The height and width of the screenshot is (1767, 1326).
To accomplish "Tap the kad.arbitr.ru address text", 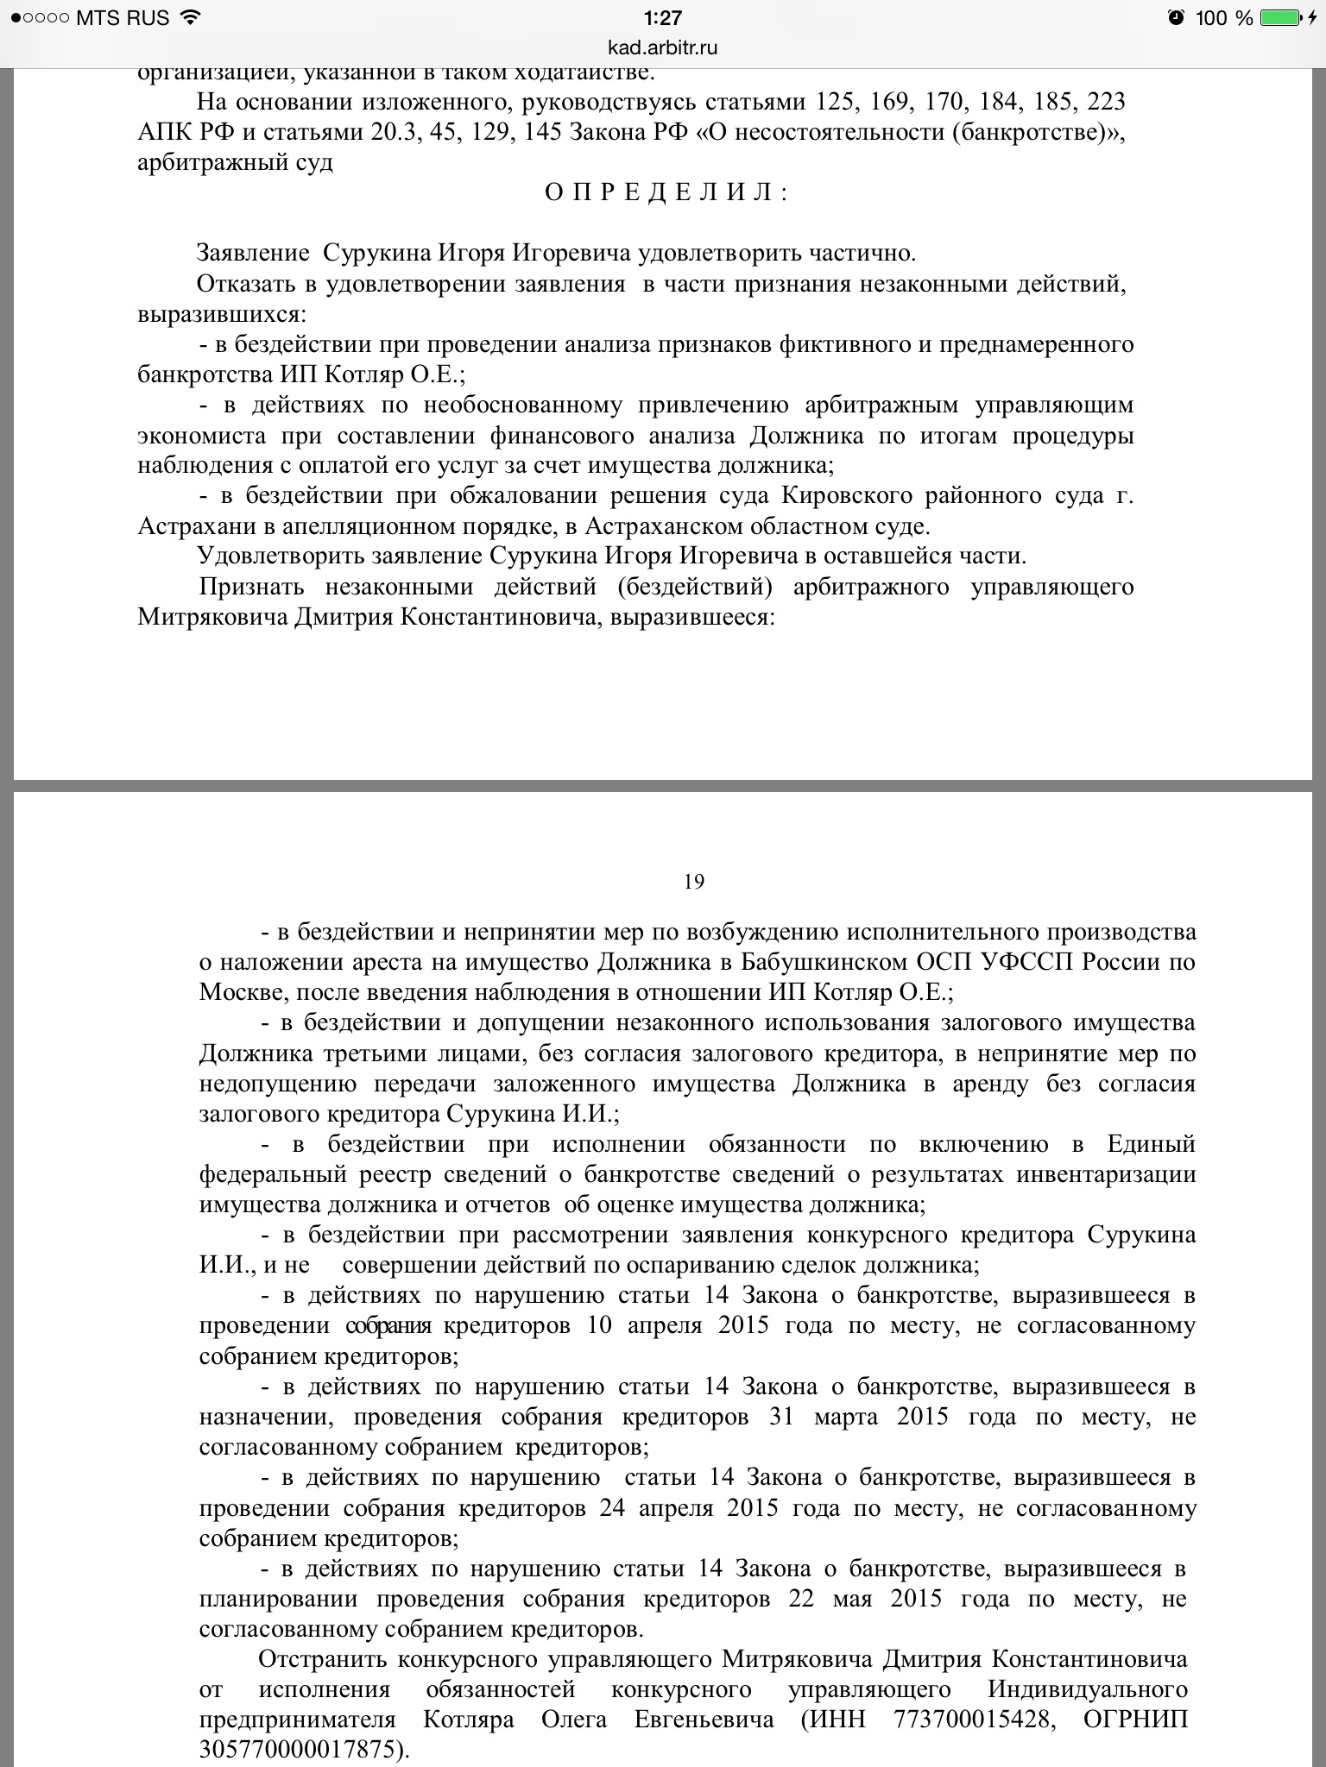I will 663,47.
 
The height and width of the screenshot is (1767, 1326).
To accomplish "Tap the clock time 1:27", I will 663,17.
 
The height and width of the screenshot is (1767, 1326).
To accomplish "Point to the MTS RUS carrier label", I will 123,17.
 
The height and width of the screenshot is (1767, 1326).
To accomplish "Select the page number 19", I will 693,881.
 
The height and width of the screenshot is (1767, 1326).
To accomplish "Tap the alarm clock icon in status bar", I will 1176,17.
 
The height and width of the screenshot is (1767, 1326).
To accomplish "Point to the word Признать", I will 251,587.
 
